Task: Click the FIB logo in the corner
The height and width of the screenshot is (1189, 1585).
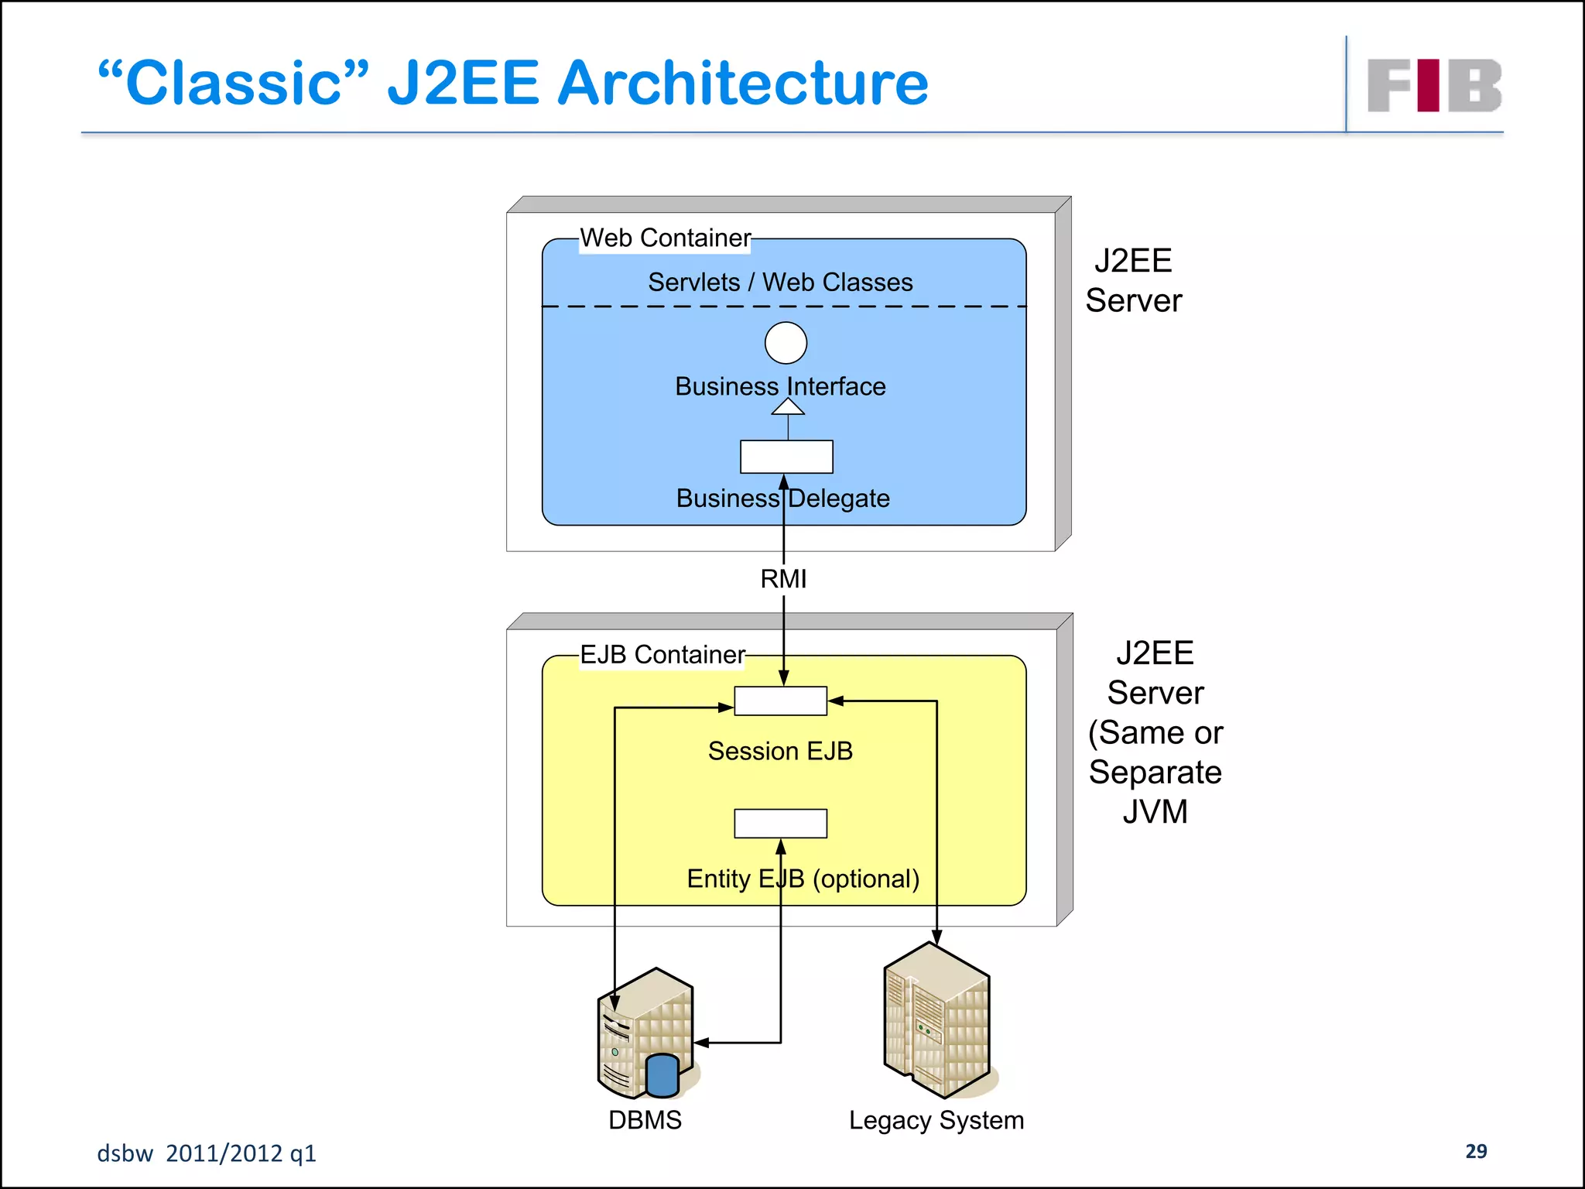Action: point(1434,85)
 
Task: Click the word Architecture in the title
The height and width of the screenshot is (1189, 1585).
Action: point(742,84)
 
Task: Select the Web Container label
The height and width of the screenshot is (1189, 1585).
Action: point(666,238)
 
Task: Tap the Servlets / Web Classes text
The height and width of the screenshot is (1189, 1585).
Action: point(780,283)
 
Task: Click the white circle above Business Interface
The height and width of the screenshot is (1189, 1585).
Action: point(786,343)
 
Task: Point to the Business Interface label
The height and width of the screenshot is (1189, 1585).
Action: point(780,386)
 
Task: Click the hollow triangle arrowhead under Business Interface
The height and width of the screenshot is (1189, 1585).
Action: point(788,407)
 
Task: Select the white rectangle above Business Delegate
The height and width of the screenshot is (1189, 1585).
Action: point(786,457)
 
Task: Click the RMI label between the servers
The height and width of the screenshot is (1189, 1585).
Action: point(783,579)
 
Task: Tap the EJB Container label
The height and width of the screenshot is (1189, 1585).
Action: point(662,655)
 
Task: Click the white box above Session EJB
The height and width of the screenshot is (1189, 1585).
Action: point(780,701)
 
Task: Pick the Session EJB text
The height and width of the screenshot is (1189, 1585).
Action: point(780,751)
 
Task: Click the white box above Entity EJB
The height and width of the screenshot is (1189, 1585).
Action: point(780,824)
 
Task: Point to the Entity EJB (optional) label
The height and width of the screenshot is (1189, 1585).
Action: point(803,879)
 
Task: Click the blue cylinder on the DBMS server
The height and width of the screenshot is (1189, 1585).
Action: point(662,1075)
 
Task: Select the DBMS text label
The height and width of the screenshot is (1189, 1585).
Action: point(645,1120)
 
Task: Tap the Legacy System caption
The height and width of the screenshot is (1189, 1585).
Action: point(936,1120)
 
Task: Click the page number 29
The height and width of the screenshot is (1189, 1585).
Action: point(1476,1151)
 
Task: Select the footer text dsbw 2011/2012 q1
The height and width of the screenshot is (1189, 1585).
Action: point(207,1153)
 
